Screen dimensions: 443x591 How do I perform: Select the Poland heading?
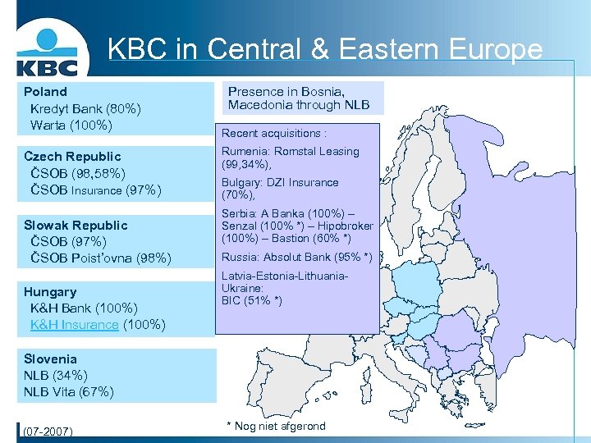click(46, 92)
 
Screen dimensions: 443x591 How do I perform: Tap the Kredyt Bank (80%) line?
click(85, 108)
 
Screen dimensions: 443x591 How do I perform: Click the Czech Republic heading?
click(72, 156)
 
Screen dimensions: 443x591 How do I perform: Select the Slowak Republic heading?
click(76, 225)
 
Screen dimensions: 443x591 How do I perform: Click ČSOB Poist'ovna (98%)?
click(100, 258)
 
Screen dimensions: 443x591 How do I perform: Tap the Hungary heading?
click(50, 292)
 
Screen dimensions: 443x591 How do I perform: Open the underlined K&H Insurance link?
click(74, 325)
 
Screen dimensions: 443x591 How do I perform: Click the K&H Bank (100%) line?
click(84, 308)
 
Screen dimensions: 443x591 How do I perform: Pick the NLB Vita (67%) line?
click(69, 391)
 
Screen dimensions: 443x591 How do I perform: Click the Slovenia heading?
click(50, 359)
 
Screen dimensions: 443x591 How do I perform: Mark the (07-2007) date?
click(48, 431)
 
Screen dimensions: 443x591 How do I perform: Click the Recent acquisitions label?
click(273, 133)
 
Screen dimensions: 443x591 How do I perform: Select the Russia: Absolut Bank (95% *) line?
click(296, 258)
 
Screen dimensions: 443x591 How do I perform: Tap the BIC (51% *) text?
click(252, 300)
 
